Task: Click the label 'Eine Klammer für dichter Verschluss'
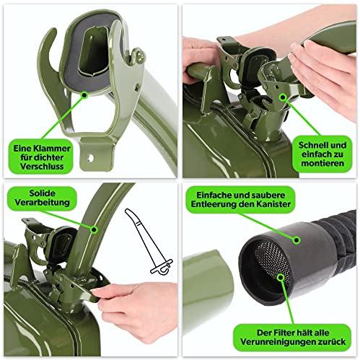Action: coord(40,157)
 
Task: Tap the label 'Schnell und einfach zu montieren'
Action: coord(322,154)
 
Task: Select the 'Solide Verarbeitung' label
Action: coord(42,198)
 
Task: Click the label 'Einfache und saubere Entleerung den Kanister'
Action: coord(240,200)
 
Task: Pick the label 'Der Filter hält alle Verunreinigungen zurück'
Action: coord(292,337)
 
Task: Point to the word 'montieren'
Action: coord(322,164)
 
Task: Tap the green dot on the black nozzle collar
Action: coord(297,240)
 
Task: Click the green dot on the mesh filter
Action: coord(280,277)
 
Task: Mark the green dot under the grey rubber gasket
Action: coord(84,95)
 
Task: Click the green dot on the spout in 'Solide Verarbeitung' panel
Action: coord(94,229)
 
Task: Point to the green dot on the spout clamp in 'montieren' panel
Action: coord(283,97)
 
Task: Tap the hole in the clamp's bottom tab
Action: coord(90,158)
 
